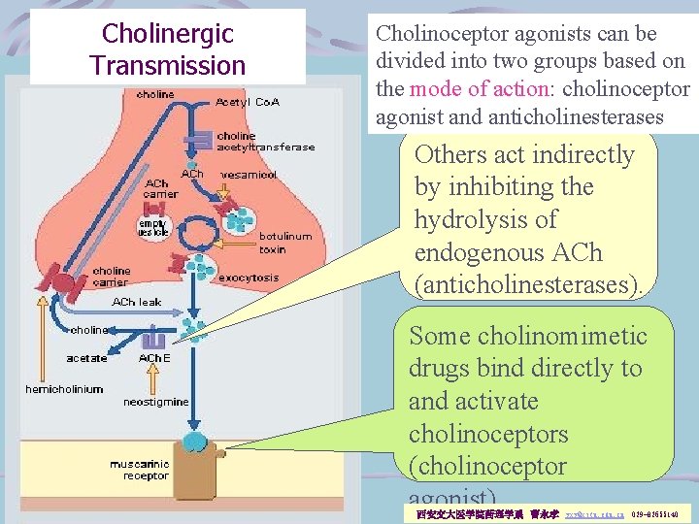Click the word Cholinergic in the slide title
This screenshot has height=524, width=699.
168,34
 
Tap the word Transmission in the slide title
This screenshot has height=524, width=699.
168,66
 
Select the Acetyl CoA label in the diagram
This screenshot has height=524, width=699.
248,102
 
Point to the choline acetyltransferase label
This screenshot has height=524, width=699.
265,142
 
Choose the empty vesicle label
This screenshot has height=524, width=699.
152,228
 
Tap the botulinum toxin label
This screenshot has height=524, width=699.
285,243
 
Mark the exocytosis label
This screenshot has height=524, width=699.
249,278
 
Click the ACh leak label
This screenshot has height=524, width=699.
137,303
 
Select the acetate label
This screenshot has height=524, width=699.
86,358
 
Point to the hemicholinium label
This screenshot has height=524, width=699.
64,389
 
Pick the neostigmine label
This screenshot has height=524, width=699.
156,401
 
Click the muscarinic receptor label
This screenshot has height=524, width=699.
139,471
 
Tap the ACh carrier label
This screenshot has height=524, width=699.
160,188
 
